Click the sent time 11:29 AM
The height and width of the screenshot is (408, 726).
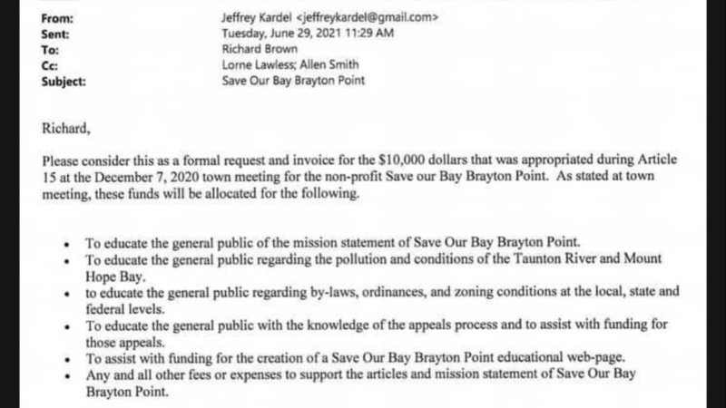pyautogui.click(x=369, y=33)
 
